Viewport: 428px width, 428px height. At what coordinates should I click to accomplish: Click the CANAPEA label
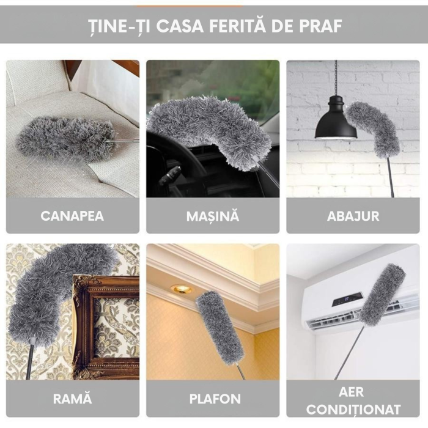click(x=72, y=216)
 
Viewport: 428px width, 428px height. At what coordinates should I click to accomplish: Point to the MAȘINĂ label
click(x=213, y=216)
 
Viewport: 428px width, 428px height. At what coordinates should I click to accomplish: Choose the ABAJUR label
click(x=353, y=216)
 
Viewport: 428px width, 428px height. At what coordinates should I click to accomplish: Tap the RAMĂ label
click(x=72, y=399)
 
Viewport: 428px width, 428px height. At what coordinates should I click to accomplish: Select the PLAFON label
click(x=213, y=399)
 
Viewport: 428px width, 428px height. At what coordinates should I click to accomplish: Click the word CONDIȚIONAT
click(x=353, y=408)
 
